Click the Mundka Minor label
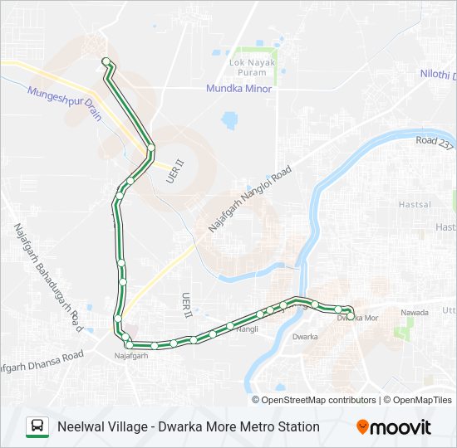(239, 89)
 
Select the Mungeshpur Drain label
(64, 101)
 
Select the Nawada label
(414, 313)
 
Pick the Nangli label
(247, 329)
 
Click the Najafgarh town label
(130, 356)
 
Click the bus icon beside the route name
(37, 426)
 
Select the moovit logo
(394, 427)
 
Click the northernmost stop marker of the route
(106, 61)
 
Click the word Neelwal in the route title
(81, 426)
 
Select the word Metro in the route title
(248, 426)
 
